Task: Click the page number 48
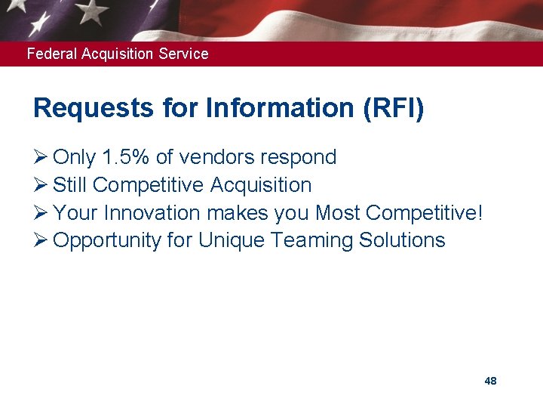click(x=490, y=381)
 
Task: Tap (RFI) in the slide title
click(x=393, y=109)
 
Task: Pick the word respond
click(x=298, y=158)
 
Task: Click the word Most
click(x=337, y=213)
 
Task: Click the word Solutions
click(x=402, y=240)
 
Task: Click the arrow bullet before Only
click(x=40, y=157)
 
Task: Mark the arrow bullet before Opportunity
click(x=40, y=240)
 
